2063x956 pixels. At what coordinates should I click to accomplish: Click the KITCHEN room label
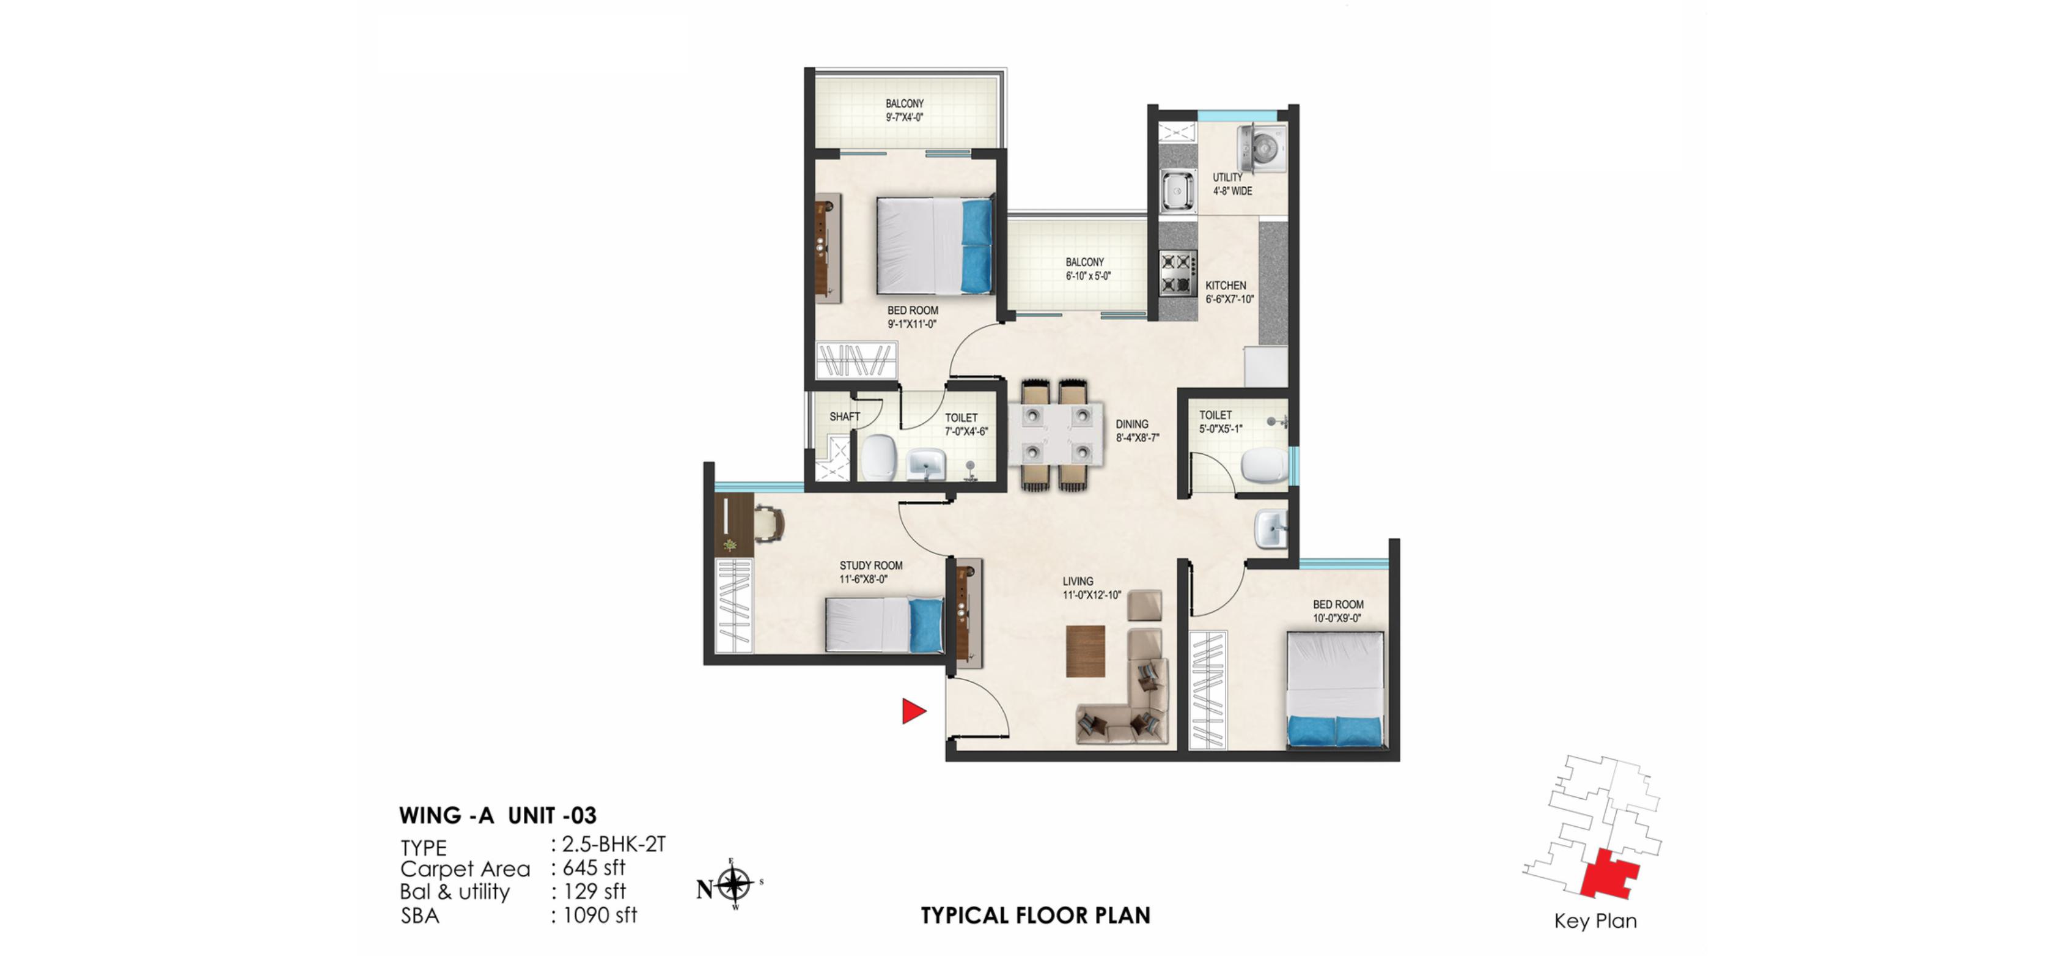1226,285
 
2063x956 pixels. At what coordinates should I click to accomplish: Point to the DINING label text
1131,424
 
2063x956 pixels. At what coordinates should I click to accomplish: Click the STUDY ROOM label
870,566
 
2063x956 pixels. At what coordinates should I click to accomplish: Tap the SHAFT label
844,417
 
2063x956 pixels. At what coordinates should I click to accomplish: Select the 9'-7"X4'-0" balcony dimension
904,117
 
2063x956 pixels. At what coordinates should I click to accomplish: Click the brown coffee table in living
1085,651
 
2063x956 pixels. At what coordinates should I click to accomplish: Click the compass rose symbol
734,886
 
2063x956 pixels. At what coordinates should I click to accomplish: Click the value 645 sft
594,868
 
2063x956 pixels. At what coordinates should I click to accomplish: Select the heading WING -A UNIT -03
498,816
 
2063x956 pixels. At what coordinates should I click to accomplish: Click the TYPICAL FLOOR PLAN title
1035,915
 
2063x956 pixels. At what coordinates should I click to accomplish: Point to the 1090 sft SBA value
600,915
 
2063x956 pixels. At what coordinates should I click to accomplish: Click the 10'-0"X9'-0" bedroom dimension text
1337,618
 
